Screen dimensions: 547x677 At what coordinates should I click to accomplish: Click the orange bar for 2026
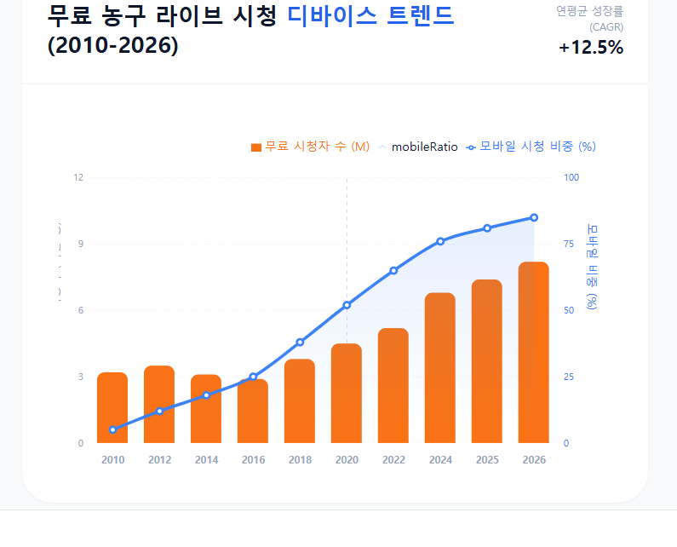click(534, 353)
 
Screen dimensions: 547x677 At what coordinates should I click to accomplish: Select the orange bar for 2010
click(112, 408)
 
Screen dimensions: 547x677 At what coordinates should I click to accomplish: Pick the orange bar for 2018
click(300, 401)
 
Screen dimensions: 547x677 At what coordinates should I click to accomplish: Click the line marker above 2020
click(347, 305)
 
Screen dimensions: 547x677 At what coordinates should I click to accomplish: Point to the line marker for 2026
click(534, 217)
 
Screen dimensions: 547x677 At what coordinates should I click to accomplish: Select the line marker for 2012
click(159, 412)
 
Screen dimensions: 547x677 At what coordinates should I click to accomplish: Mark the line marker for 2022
click(393, 271)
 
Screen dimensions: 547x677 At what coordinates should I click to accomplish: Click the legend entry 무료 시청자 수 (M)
click(311, 147)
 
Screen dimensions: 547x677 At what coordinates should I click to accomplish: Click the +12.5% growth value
click(591, 48)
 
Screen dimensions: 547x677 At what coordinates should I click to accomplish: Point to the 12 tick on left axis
click(78, 177)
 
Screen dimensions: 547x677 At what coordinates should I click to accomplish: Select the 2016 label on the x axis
click(253, 460)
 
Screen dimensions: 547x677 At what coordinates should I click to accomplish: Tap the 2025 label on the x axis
click(487, 460)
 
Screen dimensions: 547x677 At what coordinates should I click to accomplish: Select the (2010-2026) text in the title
click(113, 45)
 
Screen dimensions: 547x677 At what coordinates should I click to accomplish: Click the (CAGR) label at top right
click(606, 27)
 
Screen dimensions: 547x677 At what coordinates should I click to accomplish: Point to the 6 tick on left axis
click(81, 310)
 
